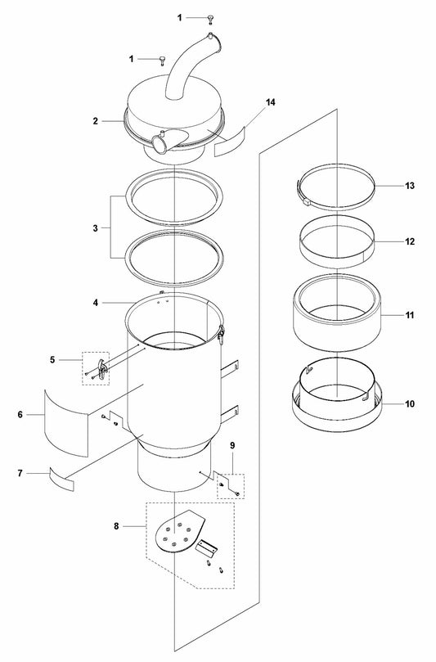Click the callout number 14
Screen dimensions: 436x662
coord(271,102)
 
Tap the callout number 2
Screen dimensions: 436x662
coord(96,121)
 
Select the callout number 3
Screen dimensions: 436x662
coord(96,228)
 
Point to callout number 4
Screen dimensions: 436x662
coord(96,303)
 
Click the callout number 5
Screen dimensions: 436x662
coord(52,360)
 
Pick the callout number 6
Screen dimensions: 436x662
coord(20,415)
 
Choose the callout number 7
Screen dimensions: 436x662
coord(20,473)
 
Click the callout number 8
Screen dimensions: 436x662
coord(116,526)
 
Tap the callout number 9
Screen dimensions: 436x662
coord(232,445)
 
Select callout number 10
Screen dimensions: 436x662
coord(410,404)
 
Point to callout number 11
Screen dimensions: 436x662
coord(410,315)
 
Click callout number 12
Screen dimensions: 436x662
coord(410,241)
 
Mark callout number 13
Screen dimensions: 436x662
coord(410,186)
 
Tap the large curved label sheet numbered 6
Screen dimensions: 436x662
coord(66,423)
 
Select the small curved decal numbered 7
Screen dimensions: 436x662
coord(61,480)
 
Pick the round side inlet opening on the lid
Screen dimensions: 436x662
coord(159,144)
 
